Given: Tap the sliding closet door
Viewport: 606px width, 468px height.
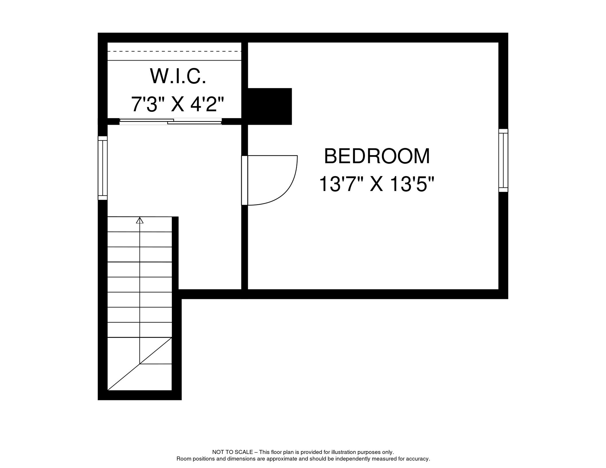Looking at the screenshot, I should [170, 122].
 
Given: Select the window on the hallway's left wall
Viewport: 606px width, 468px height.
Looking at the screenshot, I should [103, 168].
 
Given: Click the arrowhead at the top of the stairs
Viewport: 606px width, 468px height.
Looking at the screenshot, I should [140, 220].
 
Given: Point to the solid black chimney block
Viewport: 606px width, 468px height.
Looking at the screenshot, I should [269, 106].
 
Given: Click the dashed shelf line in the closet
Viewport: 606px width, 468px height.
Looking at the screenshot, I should [174, 51].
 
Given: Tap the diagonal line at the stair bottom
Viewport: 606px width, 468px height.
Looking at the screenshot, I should [140, 364].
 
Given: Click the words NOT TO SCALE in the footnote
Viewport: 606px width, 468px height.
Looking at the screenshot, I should [232, 452].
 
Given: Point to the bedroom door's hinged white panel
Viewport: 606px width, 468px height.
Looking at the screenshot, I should [244, 180].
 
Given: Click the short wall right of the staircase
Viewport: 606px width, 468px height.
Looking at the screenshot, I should [175, 253].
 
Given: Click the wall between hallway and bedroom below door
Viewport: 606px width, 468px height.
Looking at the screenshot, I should [244, 247].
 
